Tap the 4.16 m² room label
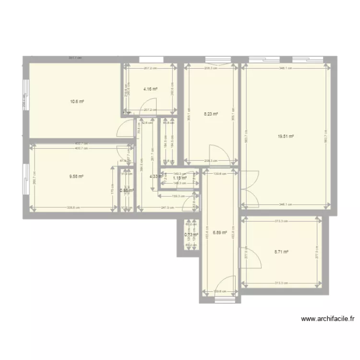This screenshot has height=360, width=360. tap(151, 89)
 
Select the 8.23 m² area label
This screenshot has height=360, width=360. tap(211, 114)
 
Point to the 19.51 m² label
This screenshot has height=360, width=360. tap(285, 136)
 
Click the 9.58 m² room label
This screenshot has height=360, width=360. tap(77, 176)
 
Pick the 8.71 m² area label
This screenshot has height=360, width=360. tap(281, 251)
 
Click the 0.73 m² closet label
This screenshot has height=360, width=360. tap(191, 235)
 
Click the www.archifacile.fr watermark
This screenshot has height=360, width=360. tap(327, 318)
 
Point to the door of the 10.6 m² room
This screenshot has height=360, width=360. tap(126, 129)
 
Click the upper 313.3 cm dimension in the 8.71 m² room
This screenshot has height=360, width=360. tap(281, 221)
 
